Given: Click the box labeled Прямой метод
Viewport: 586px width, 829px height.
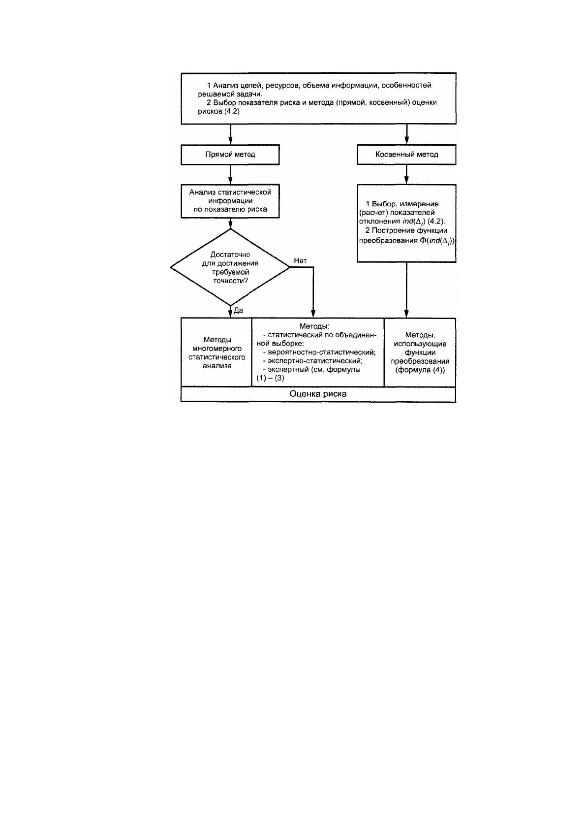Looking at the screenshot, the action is [230, 154].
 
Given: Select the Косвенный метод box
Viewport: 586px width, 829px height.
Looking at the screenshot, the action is [406, 154].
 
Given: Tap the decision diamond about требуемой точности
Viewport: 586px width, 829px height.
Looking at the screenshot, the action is [230, 267].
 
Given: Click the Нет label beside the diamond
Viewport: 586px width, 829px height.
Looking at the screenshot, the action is [300, 260].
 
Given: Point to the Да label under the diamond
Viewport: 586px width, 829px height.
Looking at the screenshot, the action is [238, 311].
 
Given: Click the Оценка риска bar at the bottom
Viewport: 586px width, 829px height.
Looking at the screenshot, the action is [318, 394].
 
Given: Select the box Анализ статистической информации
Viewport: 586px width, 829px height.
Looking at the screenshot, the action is [230, 201].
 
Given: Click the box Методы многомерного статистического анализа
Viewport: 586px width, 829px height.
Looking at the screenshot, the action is [216, 352].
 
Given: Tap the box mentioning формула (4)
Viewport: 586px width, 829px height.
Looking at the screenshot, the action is [420, 352].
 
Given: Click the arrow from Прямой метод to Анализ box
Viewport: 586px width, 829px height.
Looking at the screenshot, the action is [230, 175].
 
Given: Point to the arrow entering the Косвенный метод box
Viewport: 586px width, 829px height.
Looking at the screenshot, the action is [406, 134].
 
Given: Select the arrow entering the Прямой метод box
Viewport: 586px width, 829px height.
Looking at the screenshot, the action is [230, 134].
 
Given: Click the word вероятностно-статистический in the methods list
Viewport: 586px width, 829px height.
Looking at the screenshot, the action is [321, 352].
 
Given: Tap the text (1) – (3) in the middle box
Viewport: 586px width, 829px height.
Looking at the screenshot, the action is [271, 378].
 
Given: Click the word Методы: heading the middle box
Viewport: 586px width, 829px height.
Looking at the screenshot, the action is [314, 326].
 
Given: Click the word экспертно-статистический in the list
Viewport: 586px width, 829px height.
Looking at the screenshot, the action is [315, 361].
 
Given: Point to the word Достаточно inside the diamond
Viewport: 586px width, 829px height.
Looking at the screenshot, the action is [230, 255].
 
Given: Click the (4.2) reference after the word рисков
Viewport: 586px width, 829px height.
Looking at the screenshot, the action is [232, 111].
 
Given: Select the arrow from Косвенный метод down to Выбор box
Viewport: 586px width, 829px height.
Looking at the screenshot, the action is [406, 175].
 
